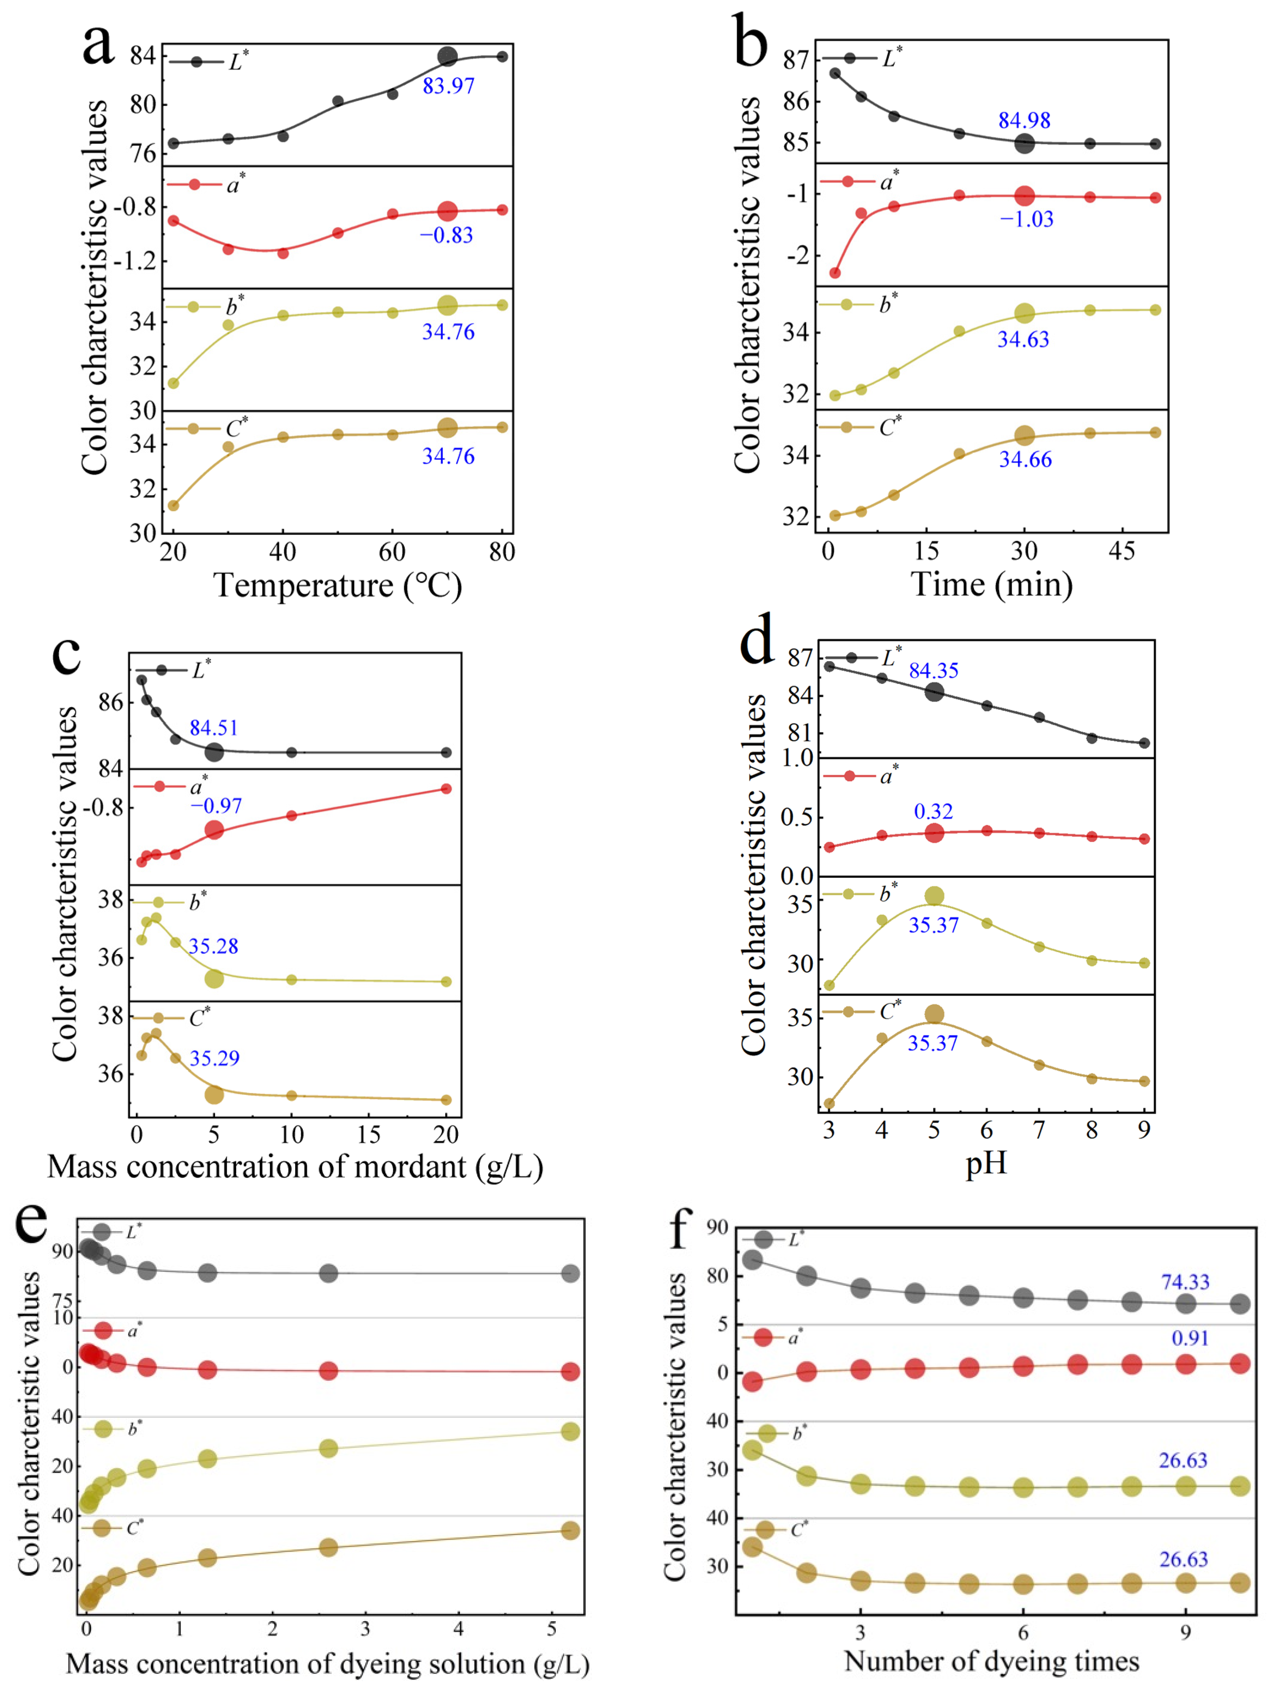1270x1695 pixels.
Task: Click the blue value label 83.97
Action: (x=448, y=86)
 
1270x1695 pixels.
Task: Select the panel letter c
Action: (x=67, y=653)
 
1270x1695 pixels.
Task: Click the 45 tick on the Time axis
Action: (x=1122, y=551)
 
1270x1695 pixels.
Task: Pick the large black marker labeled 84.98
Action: (x=1024, y=143)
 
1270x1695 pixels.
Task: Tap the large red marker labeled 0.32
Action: (x=934, y=833)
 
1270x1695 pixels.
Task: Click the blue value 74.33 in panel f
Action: (x=1184, y=1281)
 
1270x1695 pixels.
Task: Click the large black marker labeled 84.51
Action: (x=215, y=752)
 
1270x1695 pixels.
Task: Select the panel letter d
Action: (x=756, y=643)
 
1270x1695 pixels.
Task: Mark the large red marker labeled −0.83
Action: (x=448, y=211)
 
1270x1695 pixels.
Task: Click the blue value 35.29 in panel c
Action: (x=215, y=1058)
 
